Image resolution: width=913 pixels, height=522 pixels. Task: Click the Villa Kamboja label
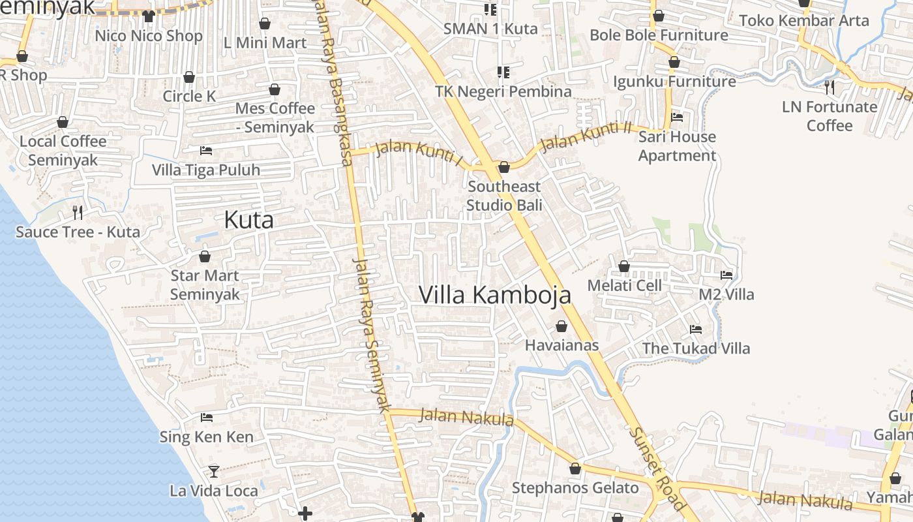(x=494, y=295)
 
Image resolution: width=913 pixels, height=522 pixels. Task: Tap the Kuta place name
(x=248, y=221)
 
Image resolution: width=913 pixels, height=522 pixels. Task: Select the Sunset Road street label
(x=657, y=468)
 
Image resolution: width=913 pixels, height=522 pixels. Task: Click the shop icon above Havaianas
(x=561, y=326)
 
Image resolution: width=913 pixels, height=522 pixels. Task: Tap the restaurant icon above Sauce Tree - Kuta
(x=78, y=212)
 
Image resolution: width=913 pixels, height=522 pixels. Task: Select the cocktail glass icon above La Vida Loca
(x=214, y=471)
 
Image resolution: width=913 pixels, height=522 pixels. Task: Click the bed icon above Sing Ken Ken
(x=207, y=418)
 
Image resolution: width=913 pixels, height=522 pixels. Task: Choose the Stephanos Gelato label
(x=575, y=488)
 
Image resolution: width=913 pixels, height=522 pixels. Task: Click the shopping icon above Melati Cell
(x=624, y=266)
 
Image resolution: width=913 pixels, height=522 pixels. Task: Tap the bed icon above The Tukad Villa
(x=696, y=330)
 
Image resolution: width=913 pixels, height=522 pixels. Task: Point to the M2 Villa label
(x=726, y=295)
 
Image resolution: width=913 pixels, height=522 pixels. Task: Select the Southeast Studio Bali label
(x=504, y=196)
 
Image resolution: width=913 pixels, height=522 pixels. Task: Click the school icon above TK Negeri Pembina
(x=503, y=72)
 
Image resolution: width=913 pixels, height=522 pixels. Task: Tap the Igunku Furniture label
(x=674, y=82)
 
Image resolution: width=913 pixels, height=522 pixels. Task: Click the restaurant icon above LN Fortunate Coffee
(x=830, y=87)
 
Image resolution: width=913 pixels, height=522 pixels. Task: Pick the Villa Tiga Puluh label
(x=206, y=170)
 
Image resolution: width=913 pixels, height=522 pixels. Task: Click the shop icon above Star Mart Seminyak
(x=205, y=256)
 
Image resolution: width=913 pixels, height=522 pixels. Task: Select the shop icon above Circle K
(x=189, y=77)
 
